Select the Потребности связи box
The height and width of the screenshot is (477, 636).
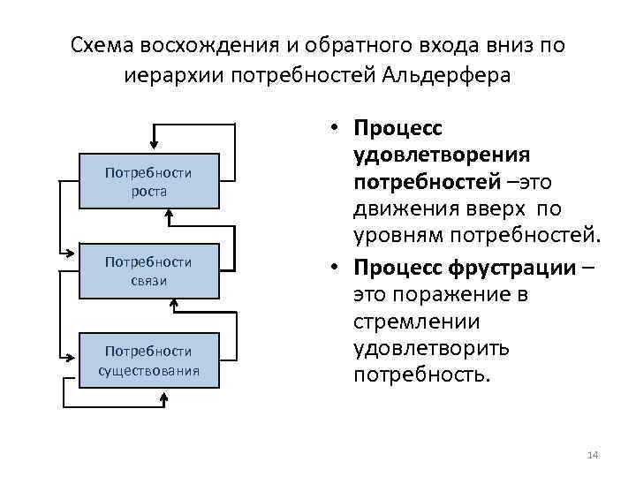(148, 271)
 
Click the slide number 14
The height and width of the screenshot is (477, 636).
(593, 455)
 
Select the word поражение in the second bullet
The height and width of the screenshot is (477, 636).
(443, 294)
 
